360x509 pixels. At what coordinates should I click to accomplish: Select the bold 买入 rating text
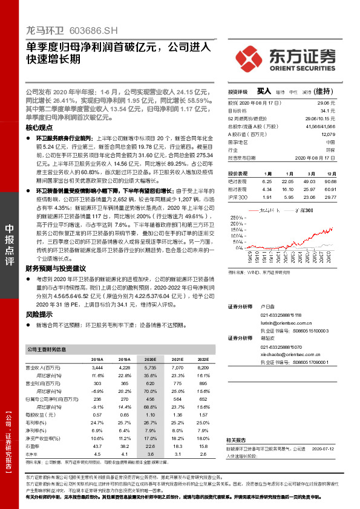[x=264, y=91]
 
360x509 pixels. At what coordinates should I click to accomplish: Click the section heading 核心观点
[x=39, y=129]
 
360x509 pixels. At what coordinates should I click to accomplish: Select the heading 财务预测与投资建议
[x=56, y=268]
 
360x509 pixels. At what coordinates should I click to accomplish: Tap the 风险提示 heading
[x=39, y=314]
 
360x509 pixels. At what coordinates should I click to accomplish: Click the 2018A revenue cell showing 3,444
[x=97, y=367]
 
